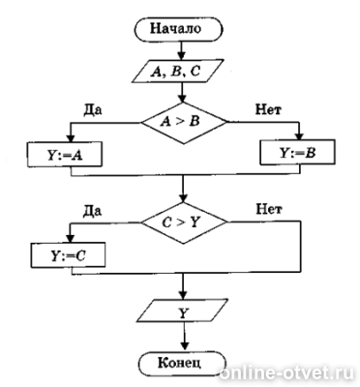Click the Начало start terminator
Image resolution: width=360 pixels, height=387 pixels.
pos(178,29)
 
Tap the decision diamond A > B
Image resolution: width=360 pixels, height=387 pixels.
pos(184,123)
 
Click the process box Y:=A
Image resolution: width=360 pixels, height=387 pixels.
pos(65,154)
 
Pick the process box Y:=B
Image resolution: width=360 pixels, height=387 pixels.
pos(297,152)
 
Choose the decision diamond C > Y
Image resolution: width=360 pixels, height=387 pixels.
pos(184,223)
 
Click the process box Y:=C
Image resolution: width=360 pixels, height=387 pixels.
pos(68,254)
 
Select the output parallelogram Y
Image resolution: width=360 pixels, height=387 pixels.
pos(183,311)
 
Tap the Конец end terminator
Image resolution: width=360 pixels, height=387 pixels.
pos(181,364)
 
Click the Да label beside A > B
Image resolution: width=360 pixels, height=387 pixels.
pos(93,110)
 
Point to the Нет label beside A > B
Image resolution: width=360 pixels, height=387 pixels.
pos(268,109)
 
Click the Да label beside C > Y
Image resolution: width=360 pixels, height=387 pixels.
pos(93,210)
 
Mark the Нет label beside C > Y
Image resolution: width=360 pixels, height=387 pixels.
pos(269,209)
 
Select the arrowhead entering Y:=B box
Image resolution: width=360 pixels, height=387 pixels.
pos(300,134)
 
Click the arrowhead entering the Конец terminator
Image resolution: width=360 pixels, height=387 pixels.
pos(183,345)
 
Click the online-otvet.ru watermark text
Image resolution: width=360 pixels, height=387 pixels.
pos(286,374)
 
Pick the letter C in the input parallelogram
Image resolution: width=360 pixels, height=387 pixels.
pos(195,72)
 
